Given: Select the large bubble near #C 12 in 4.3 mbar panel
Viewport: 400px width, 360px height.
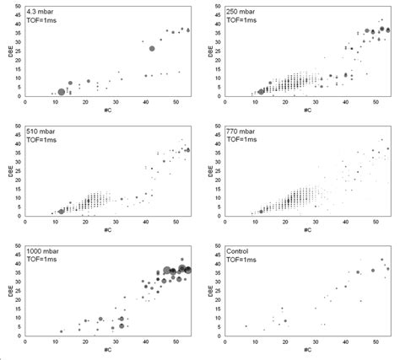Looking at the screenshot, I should tap(61, 92).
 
